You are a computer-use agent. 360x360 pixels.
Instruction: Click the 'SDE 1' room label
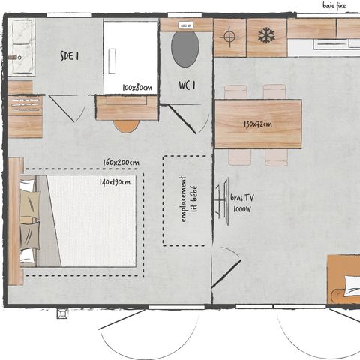70,54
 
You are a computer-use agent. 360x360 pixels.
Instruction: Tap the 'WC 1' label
187,84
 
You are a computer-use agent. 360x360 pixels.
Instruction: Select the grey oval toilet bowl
185,49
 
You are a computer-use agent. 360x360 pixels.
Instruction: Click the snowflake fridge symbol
266,35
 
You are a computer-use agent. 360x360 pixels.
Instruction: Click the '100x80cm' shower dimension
137,88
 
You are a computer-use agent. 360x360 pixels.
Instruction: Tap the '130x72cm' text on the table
257,124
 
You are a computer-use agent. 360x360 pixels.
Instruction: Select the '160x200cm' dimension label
121,163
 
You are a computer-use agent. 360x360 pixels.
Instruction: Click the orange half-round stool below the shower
126,125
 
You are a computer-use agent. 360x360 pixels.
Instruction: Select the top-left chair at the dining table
235,92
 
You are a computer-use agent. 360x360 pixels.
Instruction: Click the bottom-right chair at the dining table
276,157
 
